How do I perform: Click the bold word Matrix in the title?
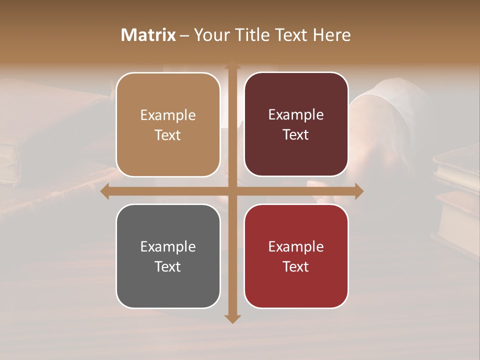(x=148, y=35)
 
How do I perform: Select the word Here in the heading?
(x=331, y=35)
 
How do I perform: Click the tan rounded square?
(x=168, y=124)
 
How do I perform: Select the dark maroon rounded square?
(x=296, y=124)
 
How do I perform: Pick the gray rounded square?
(x=168, y=256)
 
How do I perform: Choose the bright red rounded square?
(x=296, y=256)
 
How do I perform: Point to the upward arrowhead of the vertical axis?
(x=231, y=65)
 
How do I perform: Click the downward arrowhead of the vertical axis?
(x=231, y=318)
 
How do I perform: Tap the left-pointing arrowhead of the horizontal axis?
(x=105, y=191)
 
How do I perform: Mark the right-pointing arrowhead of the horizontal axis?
(x=358, y=191)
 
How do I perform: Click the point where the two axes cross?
(x=231, y=191)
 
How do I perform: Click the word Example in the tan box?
(x=168, y=115)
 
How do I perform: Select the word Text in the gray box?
(x=168, y=266)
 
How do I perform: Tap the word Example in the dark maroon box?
(x=296, y=115)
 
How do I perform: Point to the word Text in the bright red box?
(x=296, y=266)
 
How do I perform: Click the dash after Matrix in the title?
(x=184, y=35)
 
